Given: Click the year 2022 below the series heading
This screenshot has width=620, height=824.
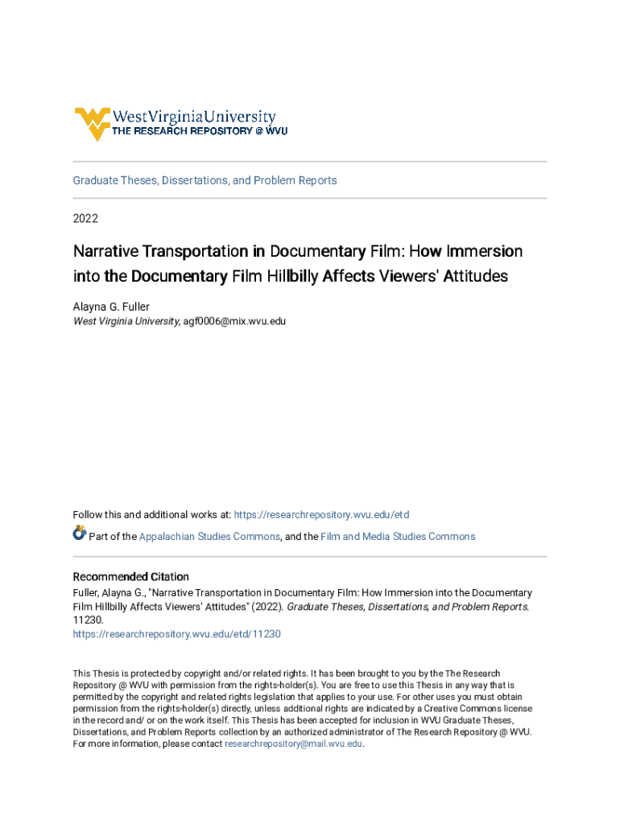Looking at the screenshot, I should click(85, 218).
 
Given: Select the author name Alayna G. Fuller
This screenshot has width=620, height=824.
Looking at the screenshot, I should click(111, 306).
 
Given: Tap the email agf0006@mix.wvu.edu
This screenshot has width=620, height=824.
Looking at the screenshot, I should click(234, 321).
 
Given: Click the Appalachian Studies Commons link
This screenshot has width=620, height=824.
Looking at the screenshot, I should click(209, 537).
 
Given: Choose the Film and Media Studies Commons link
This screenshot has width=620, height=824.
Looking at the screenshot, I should click(398, 537).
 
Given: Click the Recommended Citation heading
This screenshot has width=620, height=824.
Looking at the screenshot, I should click(131, 577).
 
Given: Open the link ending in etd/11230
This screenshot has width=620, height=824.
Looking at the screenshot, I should click(176, 634).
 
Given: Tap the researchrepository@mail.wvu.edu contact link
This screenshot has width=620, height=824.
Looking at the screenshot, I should click(294, 744).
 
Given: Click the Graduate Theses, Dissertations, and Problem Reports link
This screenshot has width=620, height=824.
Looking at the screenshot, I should click(205, 180).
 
